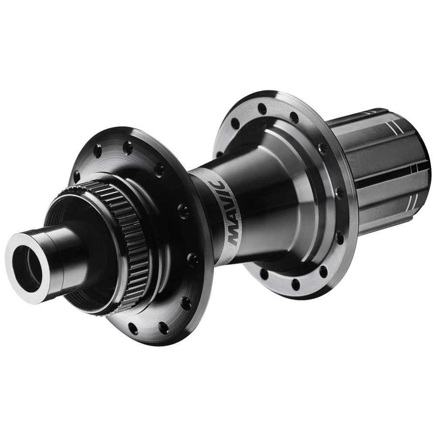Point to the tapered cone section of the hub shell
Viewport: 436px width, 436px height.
[262, 196]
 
